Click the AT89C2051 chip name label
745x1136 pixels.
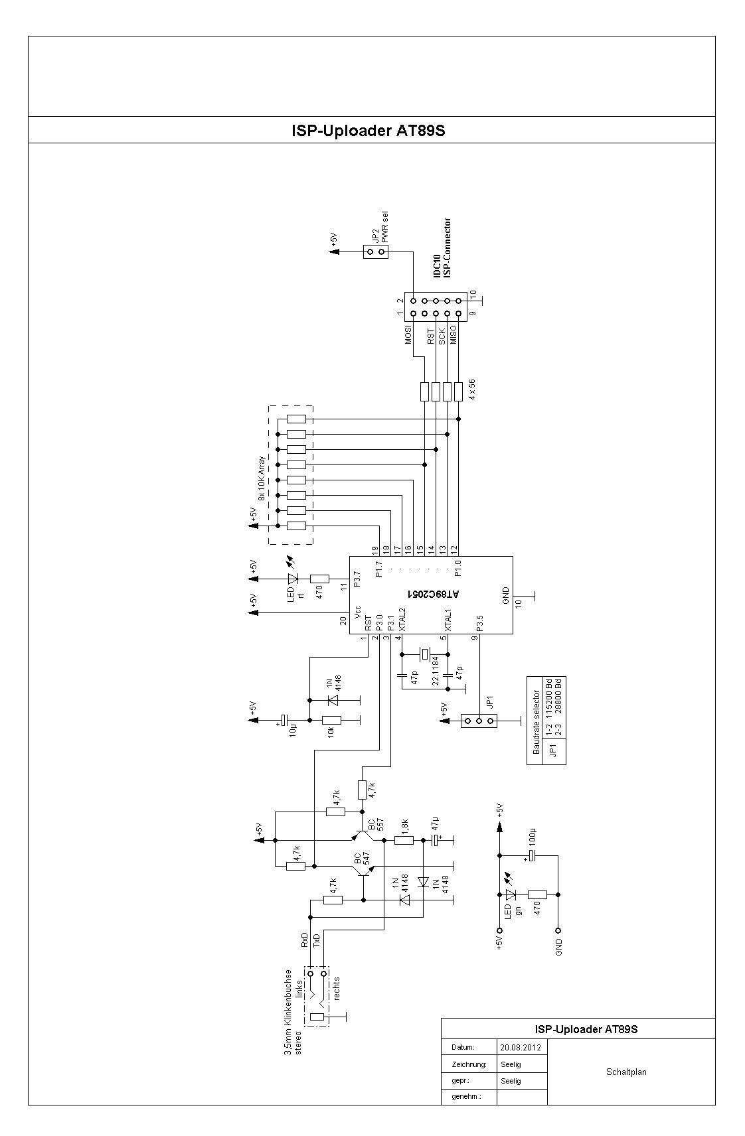pos(434,593)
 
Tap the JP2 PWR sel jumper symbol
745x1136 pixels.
pos(376,251)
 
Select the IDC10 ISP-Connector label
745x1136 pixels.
pos(442,248)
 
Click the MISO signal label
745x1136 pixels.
pos(454,334)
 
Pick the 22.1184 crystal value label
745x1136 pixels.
pos(436,671)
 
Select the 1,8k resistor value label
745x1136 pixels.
pos(404,826)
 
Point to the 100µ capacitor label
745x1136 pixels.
pos(533,839)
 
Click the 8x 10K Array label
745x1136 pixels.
pos(262,478)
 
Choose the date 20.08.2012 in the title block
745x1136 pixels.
pos(520,1047)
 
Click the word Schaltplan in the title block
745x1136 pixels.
pos(626,1072)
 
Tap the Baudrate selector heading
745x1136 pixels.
pos(537,722)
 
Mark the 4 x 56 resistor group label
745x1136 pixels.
pos(472,390)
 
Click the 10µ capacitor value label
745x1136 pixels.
pos(293,730)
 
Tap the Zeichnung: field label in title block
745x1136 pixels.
pos(469,1064)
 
